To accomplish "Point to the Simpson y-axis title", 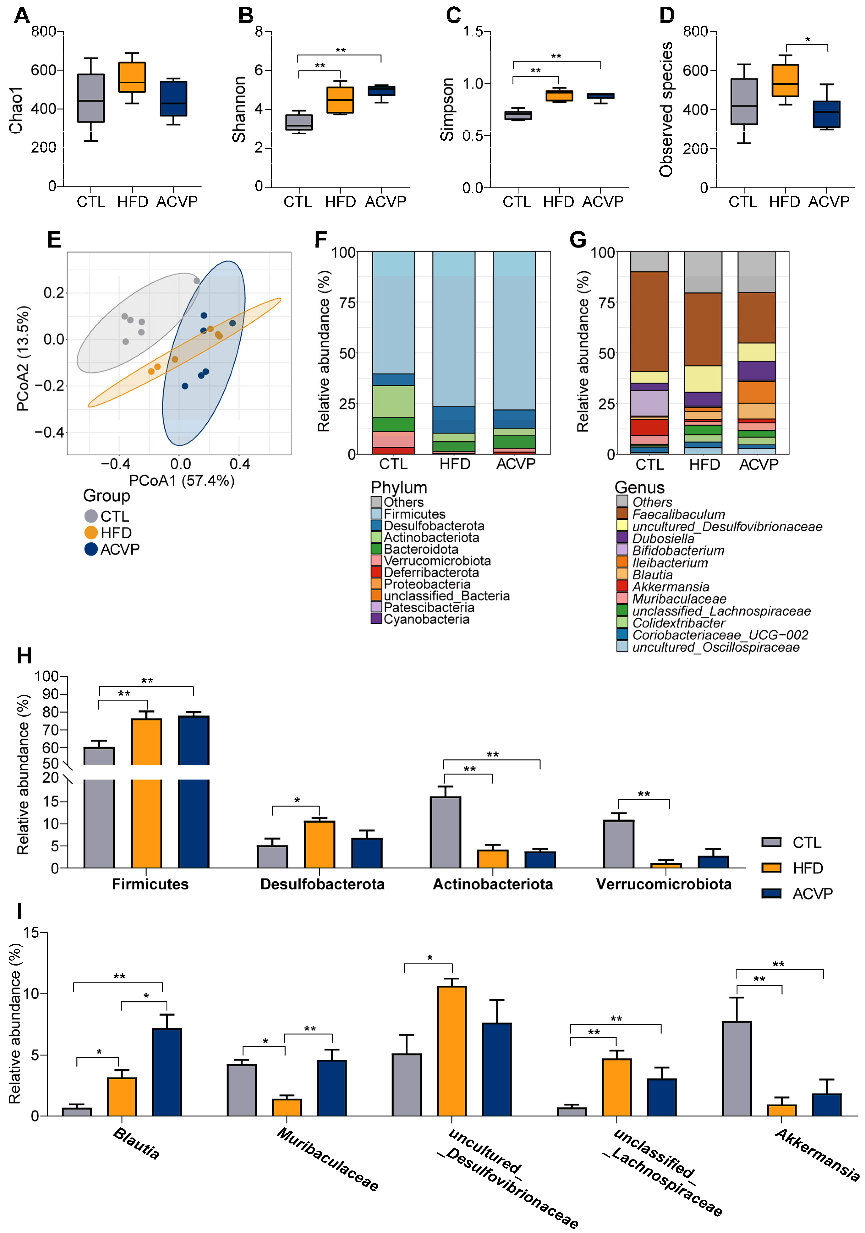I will tap(447, 109).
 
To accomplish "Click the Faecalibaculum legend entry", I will tap(678, 514).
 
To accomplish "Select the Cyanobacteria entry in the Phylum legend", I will tap(426, 619).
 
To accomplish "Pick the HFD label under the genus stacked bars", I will tap(704, 464).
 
